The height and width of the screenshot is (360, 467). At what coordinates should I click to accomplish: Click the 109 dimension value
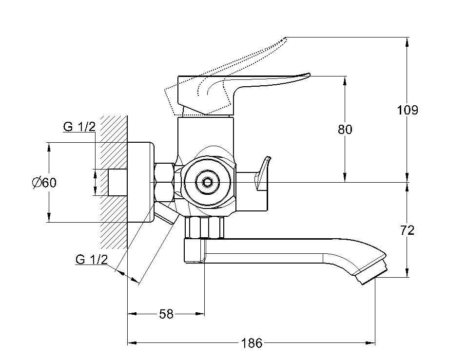click(x=408, y=110)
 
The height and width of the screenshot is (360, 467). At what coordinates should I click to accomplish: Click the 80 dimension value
click(x=345, y=129)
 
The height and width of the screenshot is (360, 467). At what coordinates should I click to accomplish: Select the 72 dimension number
click(x=408, y=230)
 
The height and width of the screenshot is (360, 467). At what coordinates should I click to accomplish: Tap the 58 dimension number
click(x=166, y=314)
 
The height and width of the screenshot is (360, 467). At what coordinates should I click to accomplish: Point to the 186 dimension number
click(x=252, y=343)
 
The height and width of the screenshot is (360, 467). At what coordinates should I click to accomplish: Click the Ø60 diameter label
click(x=44, y=183)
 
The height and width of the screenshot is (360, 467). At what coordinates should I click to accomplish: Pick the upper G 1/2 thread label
click(x=79, y=127)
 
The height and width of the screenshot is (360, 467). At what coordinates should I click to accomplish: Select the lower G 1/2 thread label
click(x=92, y=259)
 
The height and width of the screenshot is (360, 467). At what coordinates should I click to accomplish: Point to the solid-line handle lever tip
click(x=305, y=76)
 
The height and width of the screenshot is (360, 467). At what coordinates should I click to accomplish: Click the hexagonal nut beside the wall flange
click(x=164, y=182)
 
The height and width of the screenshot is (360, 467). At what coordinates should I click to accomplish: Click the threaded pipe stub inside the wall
click(x=117, y=182)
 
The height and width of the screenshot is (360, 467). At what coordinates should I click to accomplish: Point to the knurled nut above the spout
click(x=205, y=227)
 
